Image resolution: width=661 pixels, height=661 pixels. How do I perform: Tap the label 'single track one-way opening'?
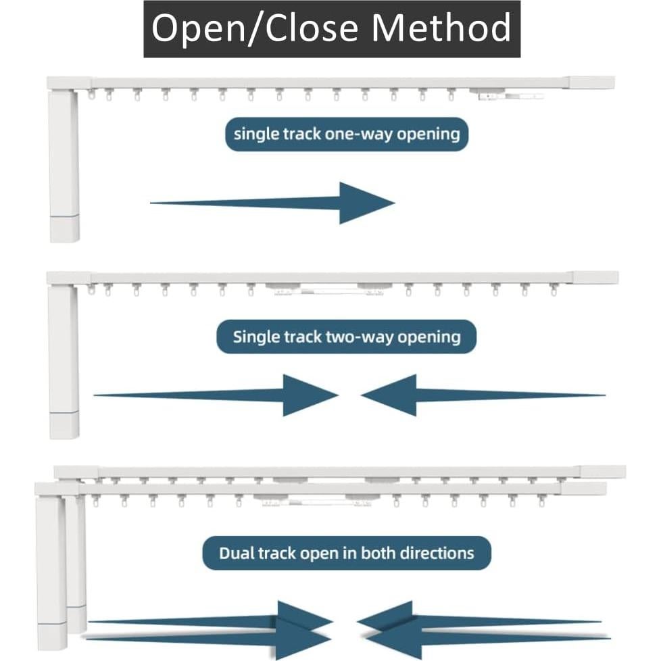pyautogui.click(x=346, y=134)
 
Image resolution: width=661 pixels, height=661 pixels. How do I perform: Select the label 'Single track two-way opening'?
pyautogui.click(x=346, y=337)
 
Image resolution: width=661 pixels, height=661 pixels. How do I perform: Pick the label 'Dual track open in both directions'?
pyautogui.click(x=346, y=554)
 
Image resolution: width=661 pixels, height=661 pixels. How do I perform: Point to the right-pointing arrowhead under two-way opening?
pyautogui.click(x=310, y=395)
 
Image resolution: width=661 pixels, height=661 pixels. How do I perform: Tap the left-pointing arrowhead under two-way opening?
pyautogui.click(x=389, y=395)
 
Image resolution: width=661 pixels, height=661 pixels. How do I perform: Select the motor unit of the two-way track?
pyautogui.click(x=64, y=362)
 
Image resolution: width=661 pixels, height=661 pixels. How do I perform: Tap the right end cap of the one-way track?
pyautogui.click(x=591, y=83)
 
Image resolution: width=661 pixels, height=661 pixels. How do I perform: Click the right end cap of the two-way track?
pyautogui.click(x=595, y=278)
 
